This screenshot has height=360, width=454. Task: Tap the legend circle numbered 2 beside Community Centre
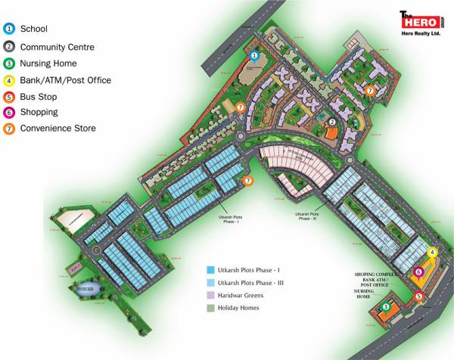[9, 46]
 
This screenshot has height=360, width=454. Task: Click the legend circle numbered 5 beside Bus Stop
[9, 97]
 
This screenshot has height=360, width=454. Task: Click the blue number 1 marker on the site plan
[255, 55]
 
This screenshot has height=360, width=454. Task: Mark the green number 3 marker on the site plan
[386, 307]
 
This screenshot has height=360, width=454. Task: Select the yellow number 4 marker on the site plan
[432, 253]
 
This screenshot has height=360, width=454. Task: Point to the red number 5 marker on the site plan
[419, 296]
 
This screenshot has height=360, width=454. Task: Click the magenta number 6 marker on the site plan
[418, 272]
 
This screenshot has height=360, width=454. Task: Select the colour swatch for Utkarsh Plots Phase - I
[211, 269]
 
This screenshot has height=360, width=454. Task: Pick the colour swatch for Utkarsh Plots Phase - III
[211, 282]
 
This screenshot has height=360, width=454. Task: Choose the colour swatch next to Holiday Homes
[211, 308]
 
